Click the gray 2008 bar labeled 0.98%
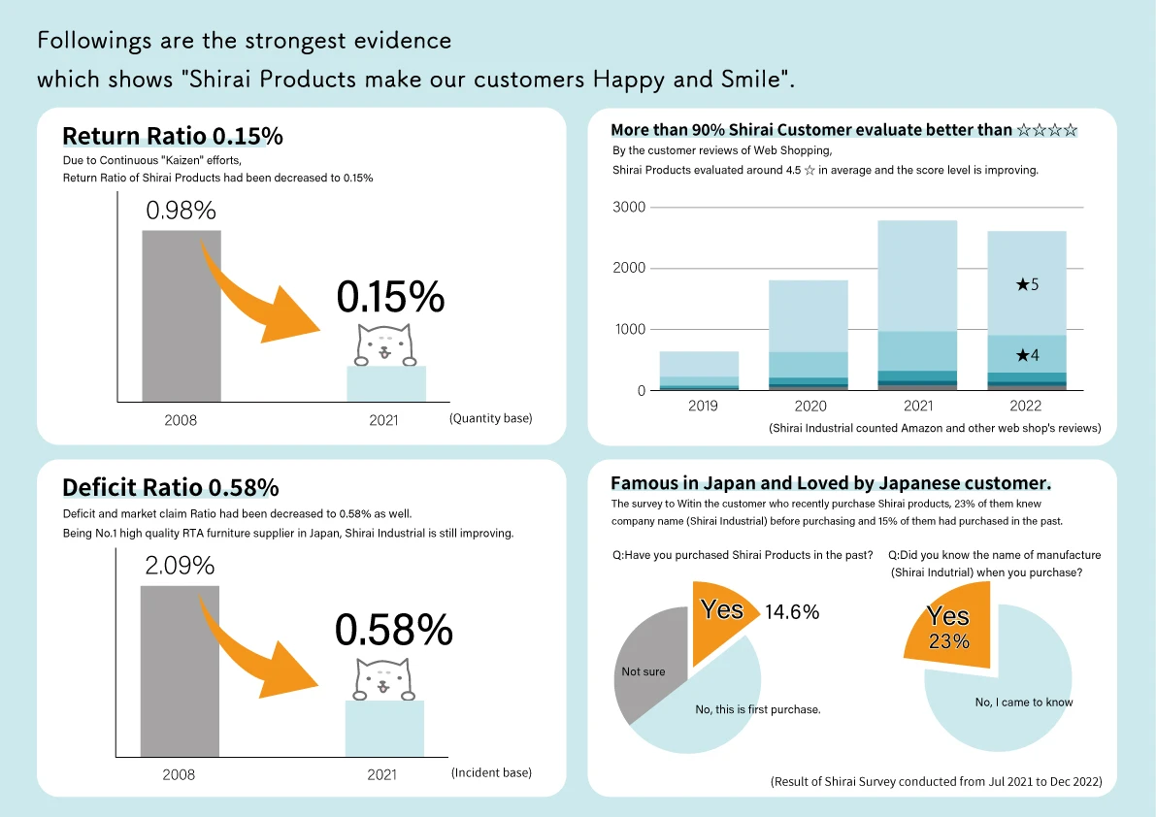click(x=182, y=315)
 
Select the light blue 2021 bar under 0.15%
click(x=386, y=384)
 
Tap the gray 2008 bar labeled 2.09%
click(x=181, y=670)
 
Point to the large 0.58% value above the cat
click(x=394, y=631)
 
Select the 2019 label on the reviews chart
click(x=703, y=406)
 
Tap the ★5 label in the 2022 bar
click(x=1027, y=285)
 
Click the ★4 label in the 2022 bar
click(x=1027, y=355)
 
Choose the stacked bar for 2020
click(x=809, y=335)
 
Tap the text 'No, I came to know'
click(x=1024, y=703)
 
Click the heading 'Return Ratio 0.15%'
click(x=172, y=137)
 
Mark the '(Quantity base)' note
click(x=491, y=418)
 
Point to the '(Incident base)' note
click(x=491, y=772)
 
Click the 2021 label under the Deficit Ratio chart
click(x=382, y=775)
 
